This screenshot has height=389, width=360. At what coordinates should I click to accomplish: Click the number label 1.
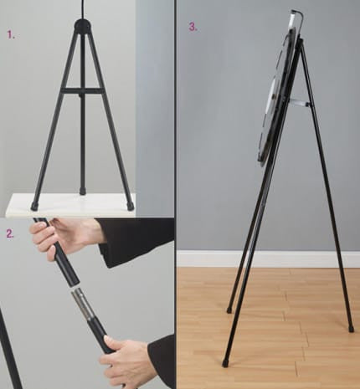point(10,35)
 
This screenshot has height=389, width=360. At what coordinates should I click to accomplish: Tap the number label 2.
point(10,233)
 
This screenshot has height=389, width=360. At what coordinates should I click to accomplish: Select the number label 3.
point(193,26)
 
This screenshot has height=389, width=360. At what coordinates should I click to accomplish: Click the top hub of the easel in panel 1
point(83,26)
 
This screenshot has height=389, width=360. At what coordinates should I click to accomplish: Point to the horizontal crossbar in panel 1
point(83,89)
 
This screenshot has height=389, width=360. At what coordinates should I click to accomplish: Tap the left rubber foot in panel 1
point(34,206)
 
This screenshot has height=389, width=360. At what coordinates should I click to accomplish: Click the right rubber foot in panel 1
point(130,206)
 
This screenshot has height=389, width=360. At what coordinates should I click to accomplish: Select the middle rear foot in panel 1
point(82,191)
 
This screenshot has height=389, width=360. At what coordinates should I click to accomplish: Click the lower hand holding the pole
point(130,361)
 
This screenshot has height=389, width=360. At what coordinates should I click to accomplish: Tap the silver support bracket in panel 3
point(300,103)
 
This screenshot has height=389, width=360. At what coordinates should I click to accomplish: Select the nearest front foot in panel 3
point(225,363)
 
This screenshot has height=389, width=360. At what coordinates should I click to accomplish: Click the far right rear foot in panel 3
point(351,328)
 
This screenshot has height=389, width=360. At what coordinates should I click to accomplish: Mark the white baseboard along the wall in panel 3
point(268,258)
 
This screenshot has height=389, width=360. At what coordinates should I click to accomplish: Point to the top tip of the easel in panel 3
point(293,14)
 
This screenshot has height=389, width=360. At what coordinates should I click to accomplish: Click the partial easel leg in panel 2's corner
point(9,351)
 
